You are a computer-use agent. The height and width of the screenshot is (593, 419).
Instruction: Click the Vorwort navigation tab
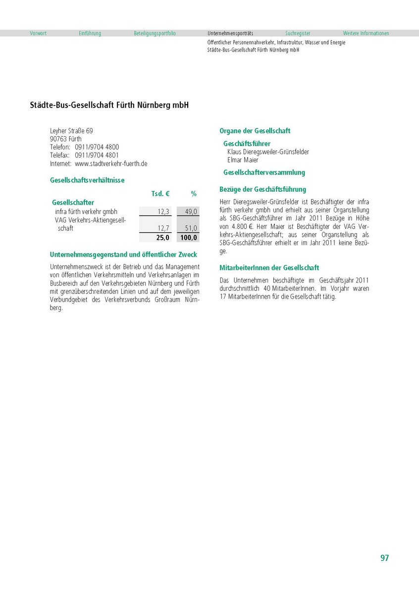click(38, 34)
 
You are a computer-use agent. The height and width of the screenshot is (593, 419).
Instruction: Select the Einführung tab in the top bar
click(90, 34)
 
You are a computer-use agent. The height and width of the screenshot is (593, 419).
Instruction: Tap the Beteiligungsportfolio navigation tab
click(155, 34)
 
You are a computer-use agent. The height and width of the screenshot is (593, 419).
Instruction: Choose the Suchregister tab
click(298, 34)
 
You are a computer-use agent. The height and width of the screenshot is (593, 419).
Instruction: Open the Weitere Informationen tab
click(366, 34)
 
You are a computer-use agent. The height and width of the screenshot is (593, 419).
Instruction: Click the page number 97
click(384, 558)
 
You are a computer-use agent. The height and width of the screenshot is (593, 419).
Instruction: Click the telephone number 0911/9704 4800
click(97, 147)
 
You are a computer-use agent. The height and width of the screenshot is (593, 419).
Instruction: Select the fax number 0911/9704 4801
click(97, 155)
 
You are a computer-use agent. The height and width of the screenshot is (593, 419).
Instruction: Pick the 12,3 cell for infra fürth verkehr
click(163, 212)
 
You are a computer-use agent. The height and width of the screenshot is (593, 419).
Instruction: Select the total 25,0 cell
click(163, 237)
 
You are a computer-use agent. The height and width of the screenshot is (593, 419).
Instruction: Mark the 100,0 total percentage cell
click(189, 237)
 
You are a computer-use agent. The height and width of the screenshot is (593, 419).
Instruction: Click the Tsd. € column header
click(160, 194)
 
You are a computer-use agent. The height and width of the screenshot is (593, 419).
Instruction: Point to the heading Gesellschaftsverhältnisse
click(87, 180)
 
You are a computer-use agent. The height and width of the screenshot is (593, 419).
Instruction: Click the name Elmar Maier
click(243, 160)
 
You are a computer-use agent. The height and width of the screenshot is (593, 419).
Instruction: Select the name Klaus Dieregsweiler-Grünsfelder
click(268, 152)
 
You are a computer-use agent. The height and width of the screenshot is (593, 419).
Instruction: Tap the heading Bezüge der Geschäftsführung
click(262, 189)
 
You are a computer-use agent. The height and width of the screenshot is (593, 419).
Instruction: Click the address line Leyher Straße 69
click(71, 131)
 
